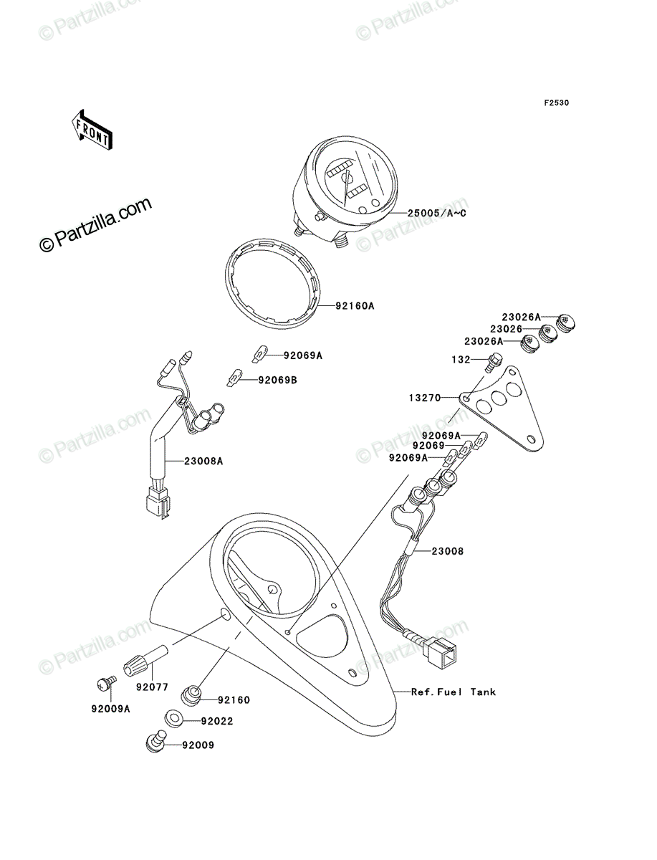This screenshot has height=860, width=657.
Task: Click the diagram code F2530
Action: (x=556, y=102)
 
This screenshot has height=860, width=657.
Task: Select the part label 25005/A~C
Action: (x=437, y=214)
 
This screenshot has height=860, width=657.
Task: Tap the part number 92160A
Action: (x=355, y=305)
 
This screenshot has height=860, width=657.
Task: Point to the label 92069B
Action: (x=277, y=380)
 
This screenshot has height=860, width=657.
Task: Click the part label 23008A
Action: (x=203, y=461)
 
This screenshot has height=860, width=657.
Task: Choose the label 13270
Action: (x=425, y=398)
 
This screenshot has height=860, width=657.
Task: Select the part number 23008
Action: (x=448, y=551)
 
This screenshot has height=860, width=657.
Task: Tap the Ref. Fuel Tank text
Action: (x=453, y=692)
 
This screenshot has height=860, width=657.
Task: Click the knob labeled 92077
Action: (x=145, y=661)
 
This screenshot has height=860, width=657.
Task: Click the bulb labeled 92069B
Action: (x=235, y=378)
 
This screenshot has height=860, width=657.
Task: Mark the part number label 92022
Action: (x=217, y=721)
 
